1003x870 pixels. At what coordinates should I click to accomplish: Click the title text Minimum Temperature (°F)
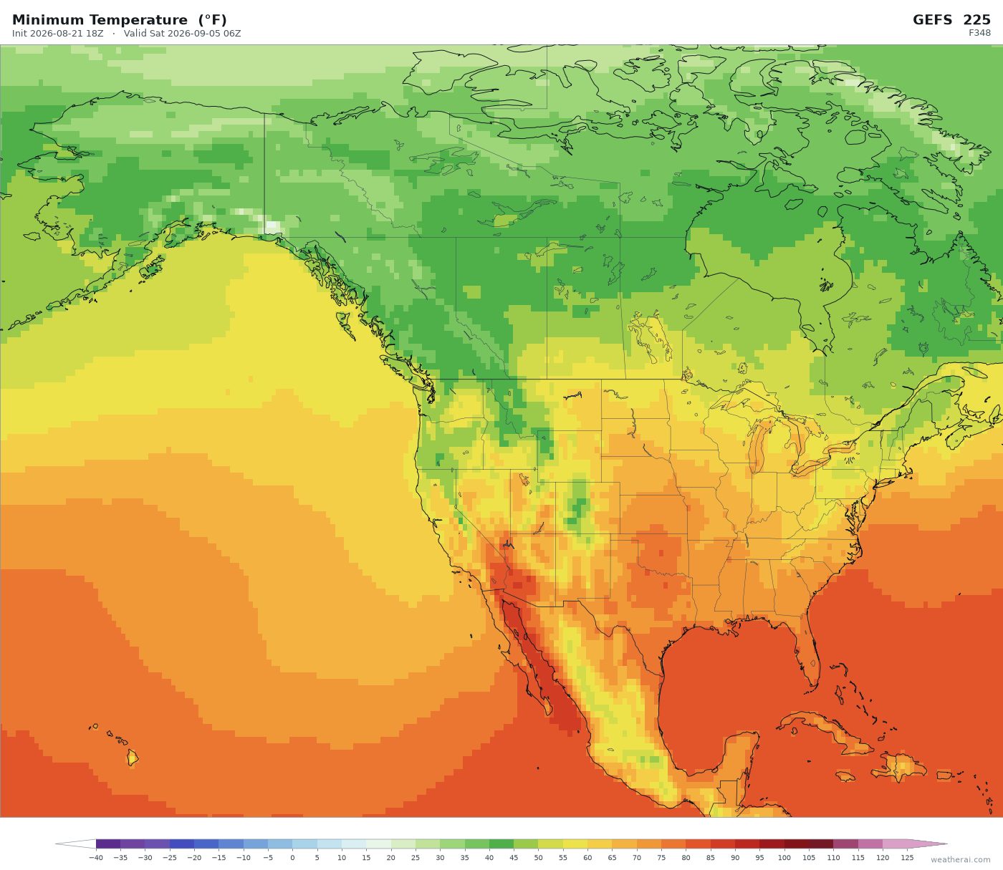point(119,20)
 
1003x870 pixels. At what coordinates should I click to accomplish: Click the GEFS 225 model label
point(951,20)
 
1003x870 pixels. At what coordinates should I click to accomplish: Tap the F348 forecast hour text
point(979,33)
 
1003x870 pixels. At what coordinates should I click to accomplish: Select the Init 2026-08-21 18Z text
point(58,34)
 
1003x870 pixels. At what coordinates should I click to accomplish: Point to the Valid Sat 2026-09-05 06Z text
point(183,34)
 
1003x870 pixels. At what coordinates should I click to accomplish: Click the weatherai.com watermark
point(960,859)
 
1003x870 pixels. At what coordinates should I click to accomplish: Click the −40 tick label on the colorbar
point(95,857)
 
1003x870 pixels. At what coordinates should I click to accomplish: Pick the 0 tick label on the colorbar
point(292,857)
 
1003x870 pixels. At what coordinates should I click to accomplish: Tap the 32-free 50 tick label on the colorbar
point(538,857)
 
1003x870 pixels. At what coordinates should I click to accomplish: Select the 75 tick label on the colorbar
point(661,857)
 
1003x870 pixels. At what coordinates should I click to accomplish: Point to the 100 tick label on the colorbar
point(784,857)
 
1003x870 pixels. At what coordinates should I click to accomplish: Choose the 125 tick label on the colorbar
point(907,857)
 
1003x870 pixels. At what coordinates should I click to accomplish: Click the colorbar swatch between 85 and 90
point(723,844)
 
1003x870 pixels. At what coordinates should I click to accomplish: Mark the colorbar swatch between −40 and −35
point(108,844)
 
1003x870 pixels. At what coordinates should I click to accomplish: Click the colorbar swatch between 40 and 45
point(501,844)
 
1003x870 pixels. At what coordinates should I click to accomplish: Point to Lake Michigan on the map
point(757,444)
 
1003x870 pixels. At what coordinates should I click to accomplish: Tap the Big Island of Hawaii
point(133,758)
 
